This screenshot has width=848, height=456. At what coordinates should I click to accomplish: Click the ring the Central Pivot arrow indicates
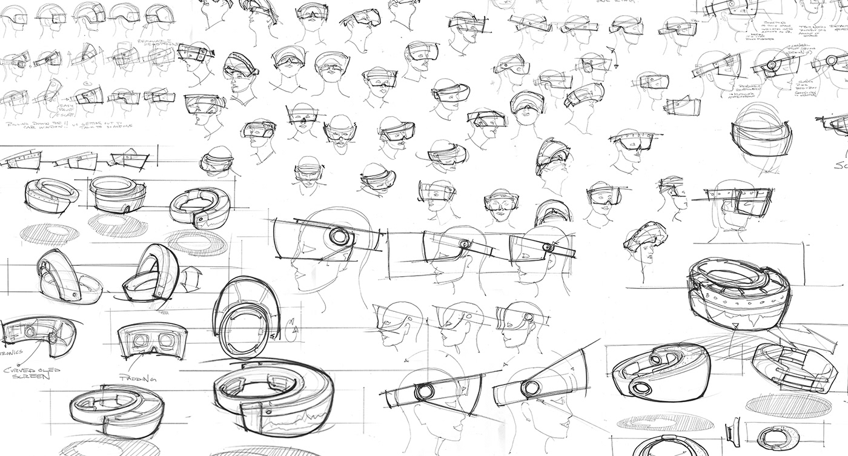772,65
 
